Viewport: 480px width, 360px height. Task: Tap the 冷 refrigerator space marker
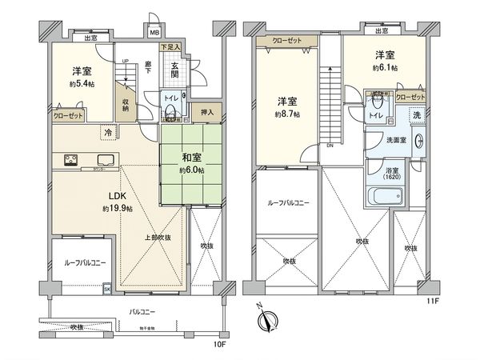[106, 132]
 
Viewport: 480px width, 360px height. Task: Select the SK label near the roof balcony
[106, 290]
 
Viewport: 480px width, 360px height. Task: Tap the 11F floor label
[433, 301]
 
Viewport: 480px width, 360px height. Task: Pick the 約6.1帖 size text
[385, 69]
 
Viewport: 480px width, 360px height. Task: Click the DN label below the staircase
[329, 146]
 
